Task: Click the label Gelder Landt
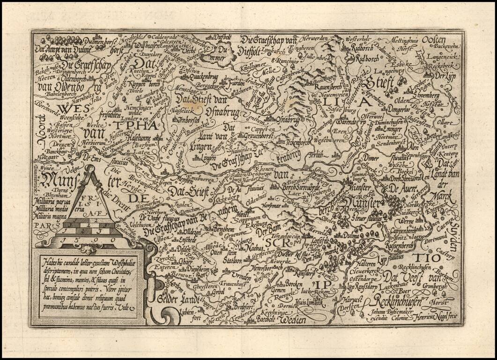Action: (x=178, y=298)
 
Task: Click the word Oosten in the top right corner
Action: (x=434, y=40)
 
